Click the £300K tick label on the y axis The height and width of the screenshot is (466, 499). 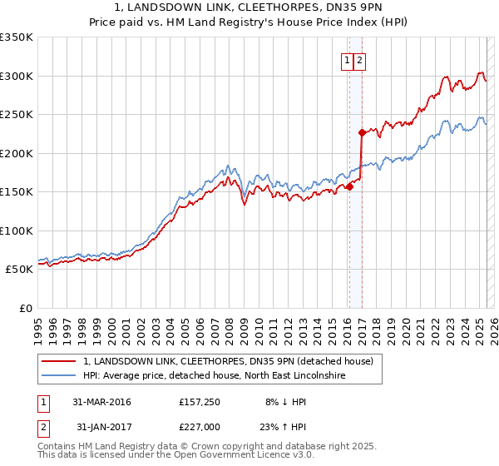17,76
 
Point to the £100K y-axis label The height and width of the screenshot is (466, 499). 17,231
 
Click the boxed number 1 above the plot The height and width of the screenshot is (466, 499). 346,60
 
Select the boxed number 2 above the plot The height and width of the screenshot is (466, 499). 359,60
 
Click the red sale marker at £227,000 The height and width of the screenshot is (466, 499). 362,132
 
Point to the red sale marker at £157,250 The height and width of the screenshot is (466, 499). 349,186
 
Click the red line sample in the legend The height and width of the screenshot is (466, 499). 60,362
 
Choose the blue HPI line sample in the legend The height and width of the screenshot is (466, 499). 60,376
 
